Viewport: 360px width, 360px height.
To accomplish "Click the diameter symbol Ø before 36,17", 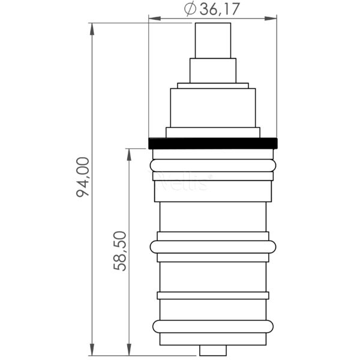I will coord(189,9).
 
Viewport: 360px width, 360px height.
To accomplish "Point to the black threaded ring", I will coord(213,143).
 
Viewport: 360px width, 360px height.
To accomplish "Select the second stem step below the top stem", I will coord(213,70).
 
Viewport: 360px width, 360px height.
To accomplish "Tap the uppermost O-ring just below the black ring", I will coord(213,165).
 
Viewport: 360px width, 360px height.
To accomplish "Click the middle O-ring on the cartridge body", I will coord(213,247).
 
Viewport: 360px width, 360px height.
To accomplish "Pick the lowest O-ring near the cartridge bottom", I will coord(213,326).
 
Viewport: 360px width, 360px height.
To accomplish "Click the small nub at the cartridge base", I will coord(213,350).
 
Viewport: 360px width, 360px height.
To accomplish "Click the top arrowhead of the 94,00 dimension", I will coord(92,28).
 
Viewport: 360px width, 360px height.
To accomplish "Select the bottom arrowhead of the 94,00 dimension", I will coord(92,350).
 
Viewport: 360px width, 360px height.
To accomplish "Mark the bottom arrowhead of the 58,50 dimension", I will coord(129,350).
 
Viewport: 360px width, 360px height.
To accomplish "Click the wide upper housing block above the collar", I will coord(213,108).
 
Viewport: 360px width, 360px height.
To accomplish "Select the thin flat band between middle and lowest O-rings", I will coord(213,295).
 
